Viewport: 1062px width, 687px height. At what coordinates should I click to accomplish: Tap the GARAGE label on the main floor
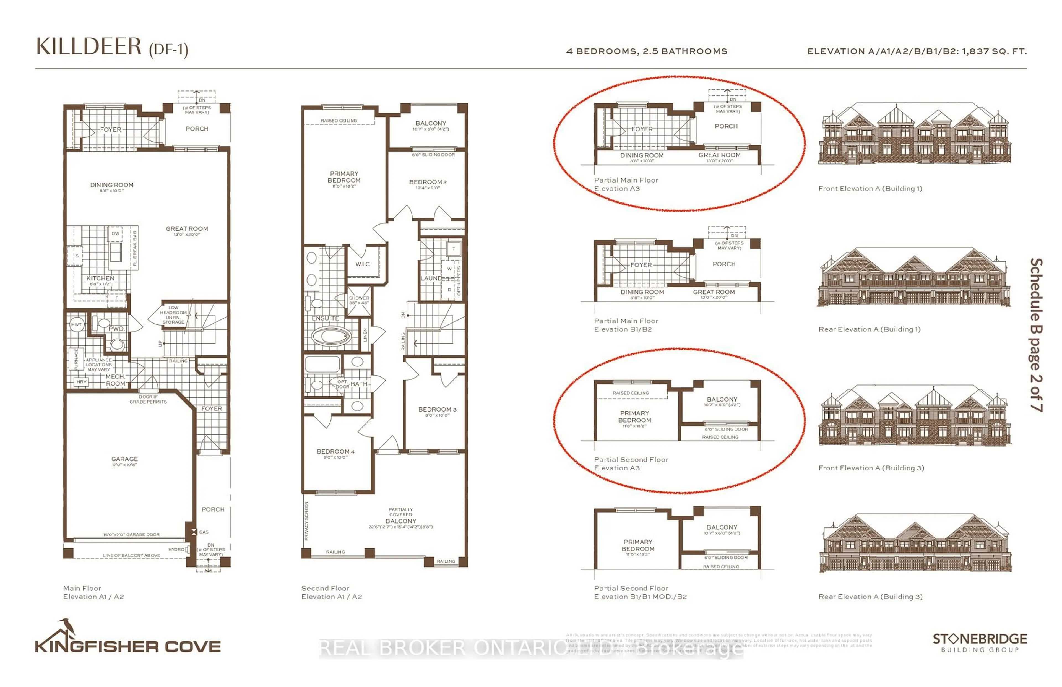[x=124, y=459]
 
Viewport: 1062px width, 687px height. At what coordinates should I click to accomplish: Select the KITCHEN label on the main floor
[x=100, y=278]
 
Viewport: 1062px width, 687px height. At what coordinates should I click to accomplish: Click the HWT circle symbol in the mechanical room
[x=76, y=325]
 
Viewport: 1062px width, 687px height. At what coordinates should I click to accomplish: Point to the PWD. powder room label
[x=116, y=329]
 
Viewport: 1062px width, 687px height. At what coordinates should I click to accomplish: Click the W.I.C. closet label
[x=363, y=264]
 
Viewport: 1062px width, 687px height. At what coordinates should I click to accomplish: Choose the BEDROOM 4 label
[x=335, y=451]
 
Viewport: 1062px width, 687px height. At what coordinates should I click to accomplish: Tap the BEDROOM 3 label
[x=437, y=410]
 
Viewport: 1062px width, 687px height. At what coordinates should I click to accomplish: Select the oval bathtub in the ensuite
[x=330, y=336]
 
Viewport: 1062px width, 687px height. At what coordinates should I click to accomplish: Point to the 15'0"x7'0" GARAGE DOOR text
[x=131, y=534]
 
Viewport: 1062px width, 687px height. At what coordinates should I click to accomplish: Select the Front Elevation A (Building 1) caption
[x=870, y=189]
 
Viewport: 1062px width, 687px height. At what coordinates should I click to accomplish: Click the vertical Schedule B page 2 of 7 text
[x=1036, y=335]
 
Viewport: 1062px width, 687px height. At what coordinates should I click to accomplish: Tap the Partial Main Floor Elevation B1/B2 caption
[x=626, y=325]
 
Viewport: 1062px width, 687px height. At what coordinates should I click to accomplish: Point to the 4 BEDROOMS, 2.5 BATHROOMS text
[x=646, y=51]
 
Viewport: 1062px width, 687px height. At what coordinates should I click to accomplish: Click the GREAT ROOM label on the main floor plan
[x=187, y=229]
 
